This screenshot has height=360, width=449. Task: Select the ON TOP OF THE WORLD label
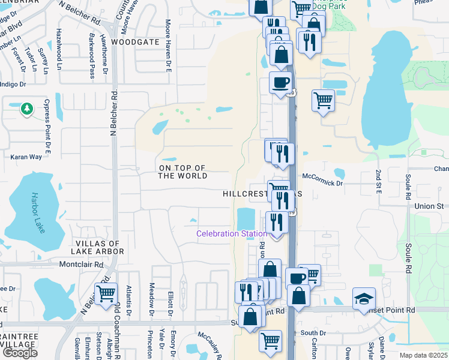[182, 172]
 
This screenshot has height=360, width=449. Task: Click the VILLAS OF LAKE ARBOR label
[100, 247]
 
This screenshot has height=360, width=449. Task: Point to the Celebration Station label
[232, 233]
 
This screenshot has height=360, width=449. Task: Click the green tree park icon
[26, 109]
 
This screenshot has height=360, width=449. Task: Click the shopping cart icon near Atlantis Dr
[106, 293]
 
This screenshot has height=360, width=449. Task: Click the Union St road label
[429, 206]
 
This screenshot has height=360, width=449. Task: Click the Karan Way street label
[26, 157]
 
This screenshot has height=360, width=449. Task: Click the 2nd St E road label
[379, 181]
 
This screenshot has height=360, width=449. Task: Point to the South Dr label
[313, 332]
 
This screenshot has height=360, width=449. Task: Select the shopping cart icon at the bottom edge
[271, 341]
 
